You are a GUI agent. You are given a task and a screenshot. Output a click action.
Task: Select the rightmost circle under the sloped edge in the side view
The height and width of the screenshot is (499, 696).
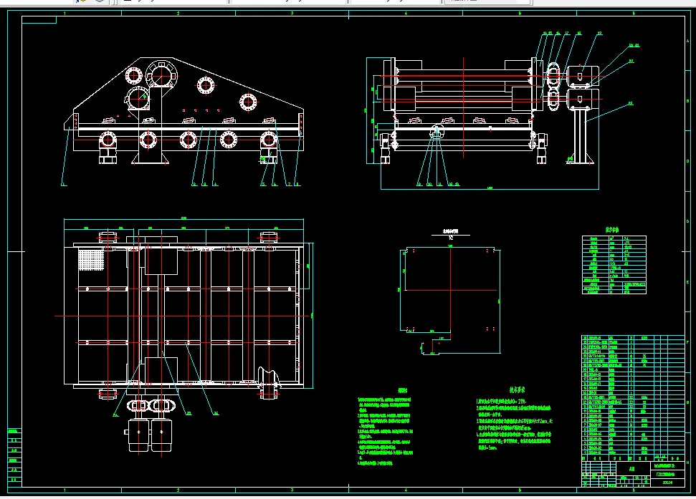coord(248,101)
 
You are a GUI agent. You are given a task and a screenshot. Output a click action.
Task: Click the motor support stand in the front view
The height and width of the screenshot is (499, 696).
coord(581,136)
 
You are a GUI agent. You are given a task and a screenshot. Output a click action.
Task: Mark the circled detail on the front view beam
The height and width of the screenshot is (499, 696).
coord(437,132)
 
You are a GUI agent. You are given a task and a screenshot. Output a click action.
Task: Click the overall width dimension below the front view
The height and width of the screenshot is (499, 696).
coord(490,188)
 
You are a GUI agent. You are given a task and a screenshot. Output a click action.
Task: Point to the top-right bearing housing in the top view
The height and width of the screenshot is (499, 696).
coord(269,238)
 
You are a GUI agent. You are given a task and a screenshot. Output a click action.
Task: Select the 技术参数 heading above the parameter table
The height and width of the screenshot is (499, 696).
coord(611,231)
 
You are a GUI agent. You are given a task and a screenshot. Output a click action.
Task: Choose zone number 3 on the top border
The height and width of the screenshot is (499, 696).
coord(291,14)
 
